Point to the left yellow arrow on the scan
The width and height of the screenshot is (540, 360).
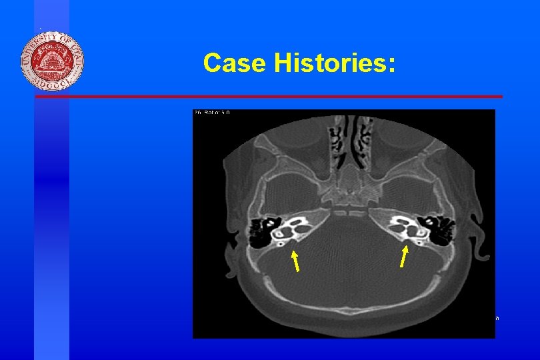295,261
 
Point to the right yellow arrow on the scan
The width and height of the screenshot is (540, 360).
404,256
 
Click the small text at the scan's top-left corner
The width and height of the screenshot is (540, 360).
211,113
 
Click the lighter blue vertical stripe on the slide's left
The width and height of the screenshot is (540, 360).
52,200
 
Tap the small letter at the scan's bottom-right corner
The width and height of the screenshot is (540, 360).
497,319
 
